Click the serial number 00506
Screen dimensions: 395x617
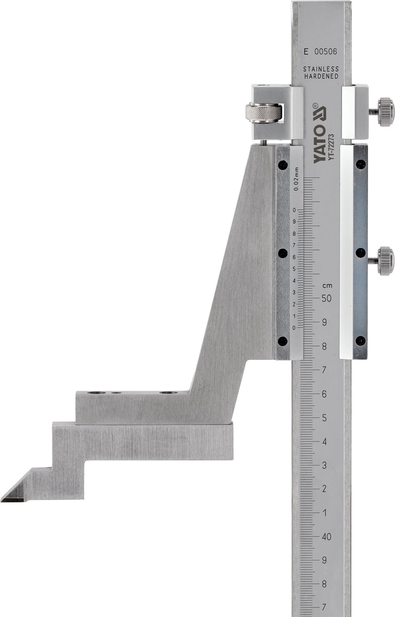pyautogui.click(x=326, y=52)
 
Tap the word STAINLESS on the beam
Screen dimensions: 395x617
pyautogui.click(x=321, y=69)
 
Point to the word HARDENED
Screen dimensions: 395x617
pyautogui.click(x=321, y=76)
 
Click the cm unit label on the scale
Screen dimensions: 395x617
pyautogui.click(x=328, y=285)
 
